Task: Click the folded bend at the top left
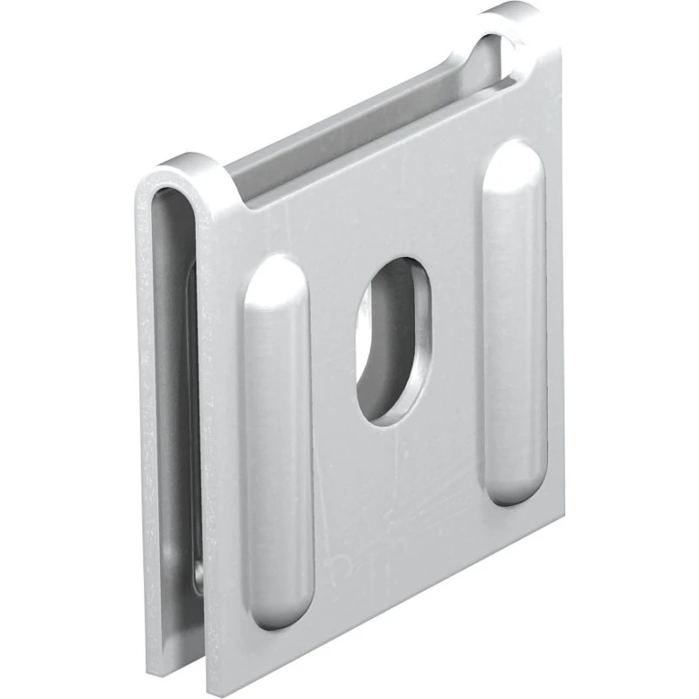[x=188, y=170]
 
